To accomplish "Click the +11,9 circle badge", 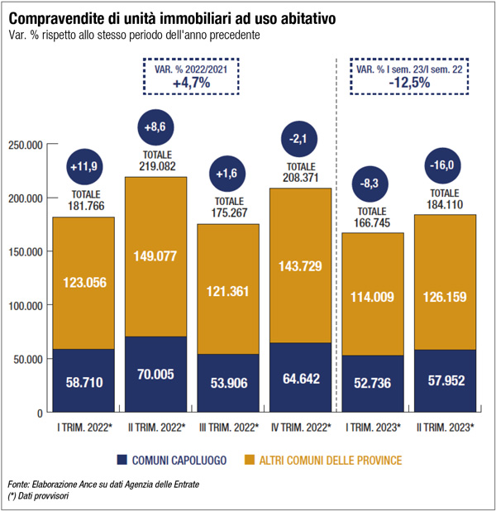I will (x=84, y=166).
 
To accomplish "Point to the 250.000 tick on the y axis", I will (x=25, y=145).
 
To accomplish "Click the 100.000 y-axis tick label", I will (x=25, y=305).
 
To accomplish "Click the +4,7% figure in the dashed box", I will (x=190, y=84).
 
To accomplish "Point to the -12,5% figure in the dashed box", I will (x=410, y=84).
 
